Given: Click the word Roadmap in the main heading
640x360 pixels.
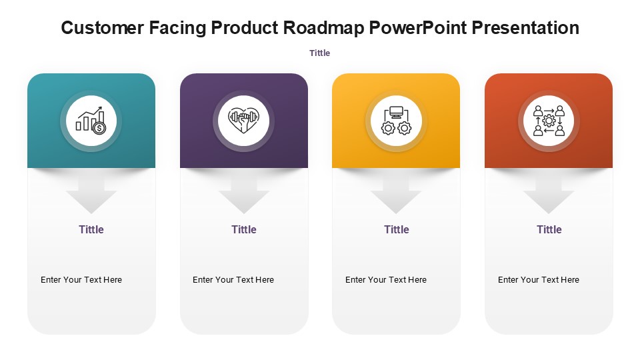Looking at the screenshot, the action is point(323,28).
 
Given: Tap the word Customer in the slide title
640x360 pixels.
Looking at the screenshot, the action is point(103,28).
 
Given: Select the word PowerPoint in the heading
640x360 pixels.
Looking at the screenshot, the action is point(418,28).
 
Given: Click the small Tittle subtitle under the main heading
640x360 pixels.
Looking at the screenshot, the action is point(319,53).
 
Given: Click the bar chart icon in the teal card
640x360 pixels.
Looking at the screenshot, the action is point(91,121).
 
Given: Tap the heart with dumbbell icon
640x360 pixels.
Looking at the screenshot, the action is point(244,121).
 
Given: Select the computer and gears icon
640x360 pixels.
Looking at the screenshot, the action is point(396,121).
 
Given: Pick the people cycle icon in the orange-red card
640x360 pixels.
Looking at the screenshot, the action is point(549,121).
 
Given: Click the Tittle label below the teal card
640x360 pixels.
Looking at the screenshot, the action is point(91,229).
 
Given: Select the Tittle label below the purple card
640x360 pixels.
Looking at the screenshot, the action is point(244,229).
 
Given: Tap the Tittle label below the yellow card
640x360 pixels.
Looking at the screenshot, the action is point(397,229).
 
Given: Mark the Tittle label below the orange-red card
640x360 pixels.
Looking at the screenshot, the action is point(549,229).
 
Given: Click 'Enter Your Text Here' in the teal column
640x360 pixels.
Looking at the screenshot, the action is point(81,280).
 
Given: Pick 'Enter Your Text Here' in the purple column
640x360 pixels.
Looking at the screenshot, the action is point(233,280).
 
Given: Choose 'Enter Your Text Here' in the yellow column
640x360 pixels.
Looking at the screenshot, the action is point(386,280).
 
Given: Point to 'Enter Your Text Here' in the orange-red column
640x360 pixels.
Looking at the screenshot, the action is point(539,280).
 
